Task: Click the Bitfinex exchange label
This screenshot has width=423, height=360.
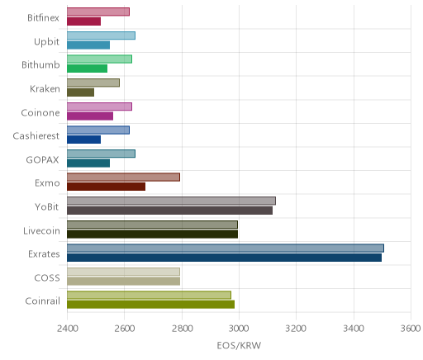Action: pyautogui.click(x=43, y=18)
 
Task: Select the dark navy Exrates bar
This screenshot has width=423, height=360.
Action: pyautogui.click(x=224, y=258)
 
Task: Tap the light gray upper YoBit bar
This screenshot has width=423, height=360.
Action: pyautogui.click(x=171, y=201)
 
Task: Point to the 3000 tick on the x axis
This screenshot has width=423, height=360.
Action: pyautogui.click(x=239, y=329)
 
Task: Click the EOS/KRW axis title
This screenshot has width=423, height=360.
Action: pyautogui.click(x=239, y=345)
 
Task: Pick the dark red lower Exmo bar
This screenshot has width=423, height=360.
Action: pyautogui.click(x=106, y=187)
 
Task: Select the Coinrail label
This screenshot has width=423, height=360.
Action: pyautogui.click(x=42, y=301)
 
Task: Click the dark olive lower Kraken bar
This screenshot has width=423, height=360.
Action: pyautogui.click(x=80, y=92)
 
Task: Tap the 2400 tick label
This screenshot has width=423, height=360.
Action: pyautogui.click(x=68, y=329)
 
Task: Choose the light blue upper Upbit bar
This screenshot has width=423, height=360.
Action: pyautogui.click(x=101, y=36)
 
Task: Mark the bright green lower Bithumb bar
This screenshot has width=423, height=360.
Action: pyautogui.click(x=87, y=69)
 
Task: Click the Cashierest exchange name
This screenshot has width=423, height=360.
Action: pyautogui.click(x=36, y=136)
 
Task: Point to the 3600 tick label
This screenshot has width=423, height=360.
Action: pyautogui.click(x=411, y=329)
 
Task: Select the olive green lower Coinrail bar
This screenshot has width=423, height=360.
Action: pyautogui.click(x=150, y=305)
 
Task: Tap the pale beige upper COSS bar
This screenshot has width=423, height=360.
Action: pyautogui.click(x=123, y=272)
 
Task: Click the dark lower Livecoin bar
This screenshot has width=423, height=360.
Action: pyautogui.click(x=152, y=234)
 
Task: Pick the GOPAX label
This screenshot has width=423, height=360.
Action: pyautogui.click(x=42, y=160)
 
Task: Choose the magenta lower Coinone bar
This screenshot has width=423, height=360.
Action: pyautogui.click(x=90, y=116)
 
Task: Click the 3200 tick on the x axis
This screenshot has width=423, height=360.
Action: pyautogui.click(x=296, y=329)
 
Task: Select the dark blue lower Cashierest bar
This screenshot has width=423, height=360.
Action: pyautogui.click(x=83, y=140)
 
